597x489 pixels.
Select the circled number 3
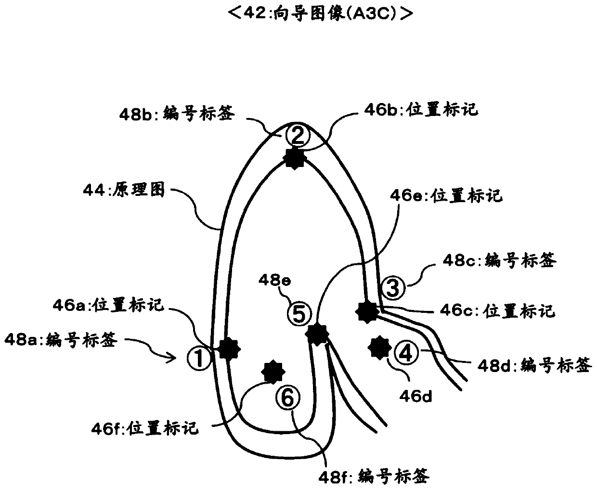(393, 288)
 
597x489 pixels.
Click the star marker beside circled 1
(228, 348)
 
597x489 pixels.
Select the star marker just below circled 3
(367, 311)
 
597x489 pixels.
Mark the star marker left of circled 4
(379, 347)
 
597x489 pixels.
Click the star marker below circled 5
(317, 334)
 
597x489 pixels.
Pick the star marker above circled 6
(273, 372)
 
